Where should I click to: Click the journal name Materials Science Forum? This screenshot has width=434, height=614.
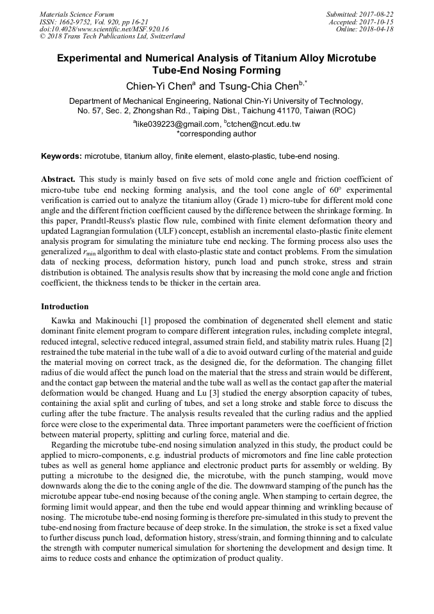pos(77,14)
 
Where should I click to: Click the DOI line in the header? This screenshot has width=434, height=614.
pos(104,29)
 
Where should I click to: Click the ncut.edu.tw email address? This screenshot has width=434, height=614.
pos(263,124)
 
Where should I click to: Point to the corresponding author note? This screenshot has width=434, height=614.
pos(216,134)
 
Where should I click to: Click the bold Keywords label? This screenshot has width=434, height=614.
pos(61,156)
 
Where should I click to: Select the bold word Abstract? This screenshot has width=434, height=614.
pos(58,180)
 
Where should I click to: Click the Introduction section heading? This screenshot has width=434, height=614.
pos(65,307)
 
